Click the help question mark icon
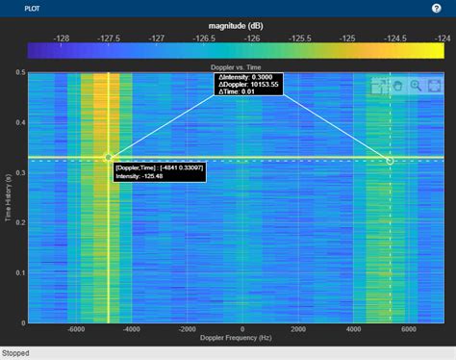tap(437, 7)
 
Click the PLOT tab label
tap(17, 7)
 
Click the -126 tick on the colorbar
tap(253, 38)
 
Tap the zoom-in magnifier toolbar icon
tap(416, 86)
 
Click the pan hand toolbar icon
tap(398, 86)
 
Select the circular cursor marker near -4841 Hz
tap(109, 157)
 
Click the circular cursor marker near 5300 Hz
tap(390, 161)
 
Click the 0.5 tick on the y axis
tap(20, 72)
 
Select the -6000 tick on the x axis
tap(77, 329)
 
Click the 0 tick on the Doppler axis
tap(242, 329)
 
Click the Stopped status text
tap(17, 352)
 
